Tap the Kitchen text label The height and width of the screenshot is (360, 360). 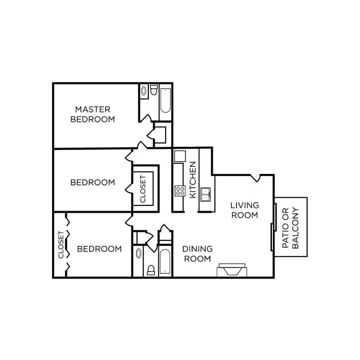pyautogui.click(x=193, y=180)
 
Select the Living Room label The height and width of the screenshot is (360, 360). pyautogui.click(x=244, y=210)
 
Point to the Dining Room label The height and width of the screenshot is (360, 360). pyautogui.click(x=198, y=254)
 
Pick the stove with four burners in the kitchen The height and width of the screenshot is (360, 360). pyautogui.click(x=180, y=191)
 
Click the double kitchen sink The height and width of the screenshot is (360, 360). pyautogui.click(x=206, y=193)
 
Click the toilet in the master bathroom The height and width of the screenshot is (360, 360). pyautogui.click(x=154, y=90)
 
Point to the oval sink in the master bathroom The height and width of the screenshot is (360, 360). pyautogui.click(x=143, y=91)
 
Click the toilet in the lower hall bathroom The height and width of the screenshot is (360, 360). pyautogui.click(x=151, y=270)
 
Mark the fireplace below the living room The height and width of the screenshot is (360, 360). pyautogui.click(x=230, y=270)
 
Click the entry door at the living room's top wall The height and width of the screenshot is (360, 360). pyautogui.click(x=256, y=178)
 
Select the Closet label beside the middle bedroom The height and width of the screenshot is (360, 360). pyautogui.click(x=143, y=189)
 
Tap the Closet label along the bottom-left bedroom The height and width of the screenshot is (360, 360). pyautogui.click(x=61, y=245)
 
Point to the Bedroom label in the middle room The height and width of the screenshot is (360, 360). pyautogui.click(x=92, y=182)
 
